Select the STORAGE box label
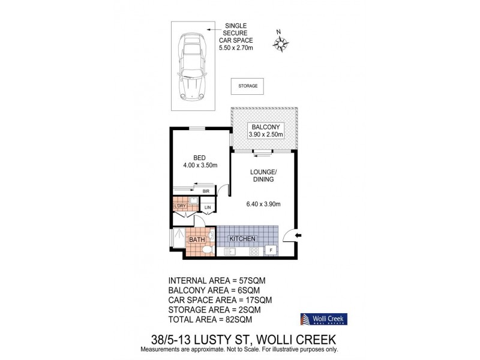click(248, 86)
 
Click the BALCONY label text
click(265, 127)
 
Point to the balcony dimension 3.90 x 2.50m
click(265, 135)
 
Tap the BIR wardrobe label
click(205, 191)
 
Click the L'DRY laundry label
click(180, 207)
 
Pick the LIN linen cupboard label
click(208, 208)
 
